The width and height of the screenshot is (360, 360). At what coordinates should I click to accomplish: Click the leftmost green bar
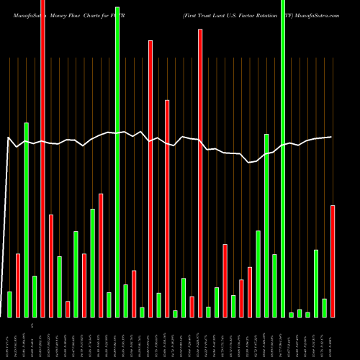[x=9, y=304]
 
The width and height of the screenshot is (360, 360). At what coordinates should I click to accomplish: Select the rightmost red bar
[x=333, y=261]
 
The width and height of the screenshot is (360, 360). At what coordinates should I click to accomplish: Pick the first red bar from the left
[x=18, y=285]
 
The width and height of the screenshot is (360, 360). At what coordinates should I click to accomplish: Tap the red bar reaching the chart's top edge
[x=42, y=158]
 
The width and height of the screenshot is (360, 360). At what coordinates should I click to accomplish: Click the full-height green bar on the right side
[x=283, y=158]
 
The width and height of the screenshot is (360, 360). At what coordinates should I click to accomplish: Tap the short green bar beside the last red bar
[x=325, y=307]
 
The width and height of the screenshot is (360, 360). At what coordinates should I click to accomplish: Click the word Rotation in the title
[x=265, y=8]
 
